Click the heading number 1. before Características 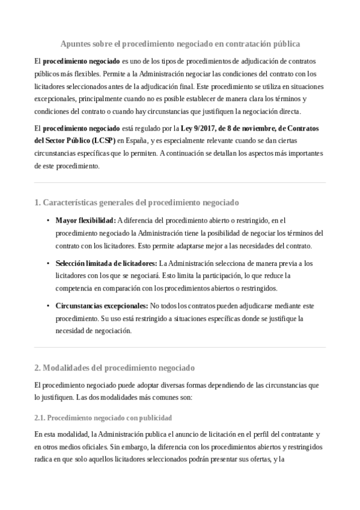[37, 202]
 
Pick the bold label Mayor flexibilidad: [85, 220]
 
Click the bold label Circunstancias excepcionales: [102, 306]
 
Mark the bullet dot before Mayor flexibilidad [48, 220]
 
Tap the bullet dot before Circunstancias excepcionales [48, 306]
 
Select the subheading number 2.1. [40, 417]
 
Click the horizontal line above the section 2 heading [180, 347]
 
